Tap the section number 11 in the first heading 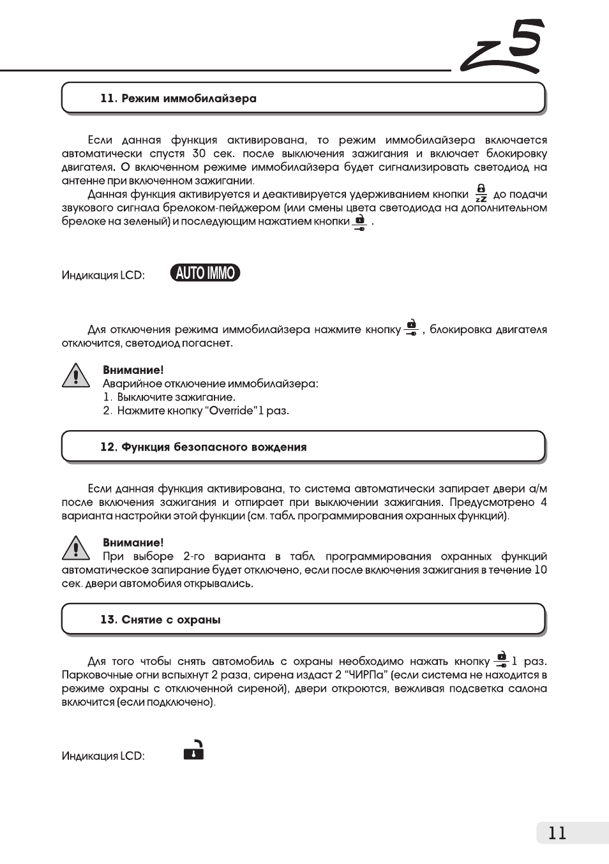108,99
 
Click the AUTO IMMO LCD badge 205,273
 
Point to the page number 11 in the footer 557,833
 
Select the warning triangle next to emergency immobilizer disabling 76,376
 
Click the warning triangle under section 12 76,548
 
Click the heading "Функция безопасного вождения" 214,447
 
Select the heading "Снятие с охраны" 171,620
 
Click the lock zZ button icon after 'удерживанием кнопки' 481,193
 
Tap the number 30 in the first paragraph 199,154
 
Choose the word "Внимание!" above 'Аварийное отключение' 133,370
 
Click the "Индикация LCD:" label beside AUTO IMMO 103,276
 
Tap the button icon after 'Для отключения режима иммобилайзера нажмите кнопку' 412,328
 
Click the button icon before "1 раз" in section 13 501,660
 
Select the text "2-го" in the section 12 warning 194,556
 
